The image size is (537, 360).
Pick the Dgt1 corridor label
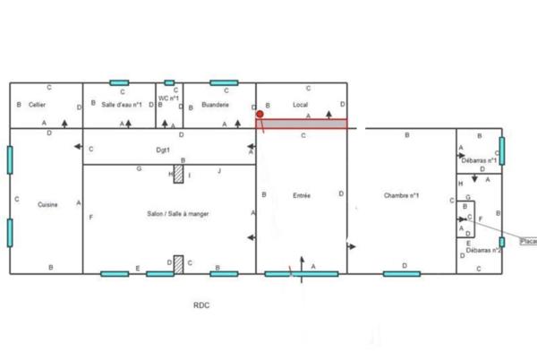tap(162, 150)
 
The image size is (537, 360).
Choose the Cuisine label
tap(47, 205)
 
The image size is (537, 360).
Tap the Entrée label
tap(302, 194)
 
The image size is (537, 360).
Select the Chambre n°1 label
tap(402, 195)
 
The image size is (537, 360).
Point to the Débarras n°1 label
tap(476, 160)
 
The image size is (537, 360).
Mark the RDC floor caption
tap(203, 305)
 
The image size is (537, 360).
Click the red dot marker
tap(260, 115)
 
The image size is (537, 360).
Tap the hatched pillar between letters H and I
tap(179, 174)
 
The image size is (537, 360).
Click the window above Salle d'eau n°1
tap(119, 82)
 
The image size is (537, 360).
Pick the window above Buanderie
tap(224, 82)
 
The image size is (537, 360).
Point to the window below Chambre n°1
tap(402, 273)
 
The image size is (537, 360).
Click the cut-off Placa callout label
tap(528, 241)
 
